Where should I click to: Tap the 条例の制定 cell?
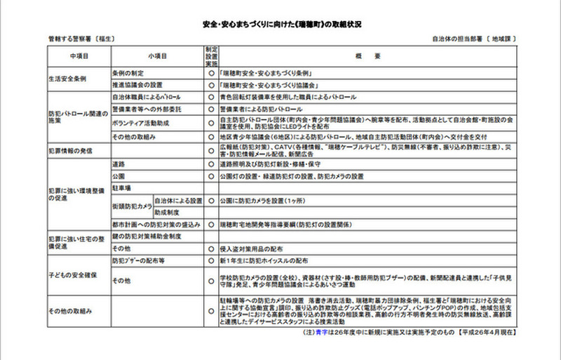pos(129,72)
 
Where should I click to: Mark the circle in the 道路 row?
pos(210,164)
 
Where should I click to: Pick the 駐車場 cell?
pos(123,187)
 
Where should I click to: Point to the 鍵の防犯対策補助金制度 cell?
pos(147,236)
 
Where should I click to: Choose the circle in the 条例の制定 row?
pos(210,72)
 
